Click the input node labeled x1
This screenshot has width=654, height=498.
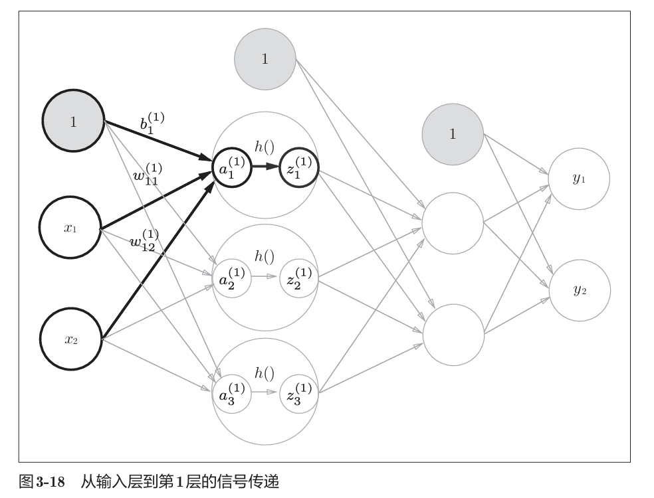point(70,228)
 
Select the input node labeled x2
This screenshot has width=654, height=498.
point(70,339)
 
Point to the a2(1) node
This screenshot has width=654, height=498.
point(231,278)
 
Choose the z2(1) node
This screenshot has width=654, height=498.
point(300,278)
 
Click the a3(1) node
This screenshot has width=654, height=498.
point(231,392)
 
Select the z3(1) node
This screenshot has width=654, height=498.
point(300,392)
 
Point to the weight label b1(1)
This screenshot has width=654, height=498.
point(152,123)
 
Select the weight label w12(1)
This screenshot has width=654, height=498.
point(144,239)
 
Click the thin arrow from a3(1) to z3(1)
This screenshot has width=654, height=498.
point(265,392)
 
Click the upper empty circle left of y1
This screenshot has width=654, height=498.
point(453,222)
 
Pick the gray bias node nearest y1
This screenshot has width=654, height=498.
point(453,134)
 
